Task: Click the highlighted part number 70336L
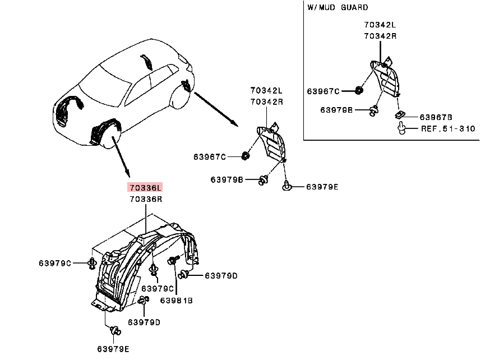[x=145, y=187]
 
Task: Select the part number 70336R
[x=146, y=199]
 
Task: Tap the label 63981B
[x=176, y=300]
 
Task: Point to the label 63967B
[x=436, y=117]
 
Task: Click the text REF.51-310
[x=448, y=128]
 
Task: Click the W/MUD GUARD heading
[x=338, y=7]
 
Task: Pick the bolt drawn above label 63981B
[x=173, y=260]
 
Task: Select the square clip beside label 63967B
[x=399, y=114]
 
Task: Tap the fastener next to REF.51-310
[x=401, y=128]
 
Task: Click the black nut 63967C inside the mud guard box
[x=359, y=90]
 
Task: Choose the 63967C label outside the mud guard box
[x=210, y=156]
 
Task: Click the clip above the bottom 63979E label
[x=115, y=331]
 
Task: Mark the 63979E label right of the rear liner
[x=322, y=187]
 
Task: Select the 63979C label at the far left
[x=55, y=263]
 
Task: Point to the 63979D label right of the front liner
[x=221, y=275]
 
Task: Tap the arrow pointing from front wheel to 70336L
[x=121, y=157]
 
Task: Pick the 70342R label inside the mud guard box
[x=380, y=36]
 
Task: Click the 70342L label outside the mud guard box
[x=266, y=90]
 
